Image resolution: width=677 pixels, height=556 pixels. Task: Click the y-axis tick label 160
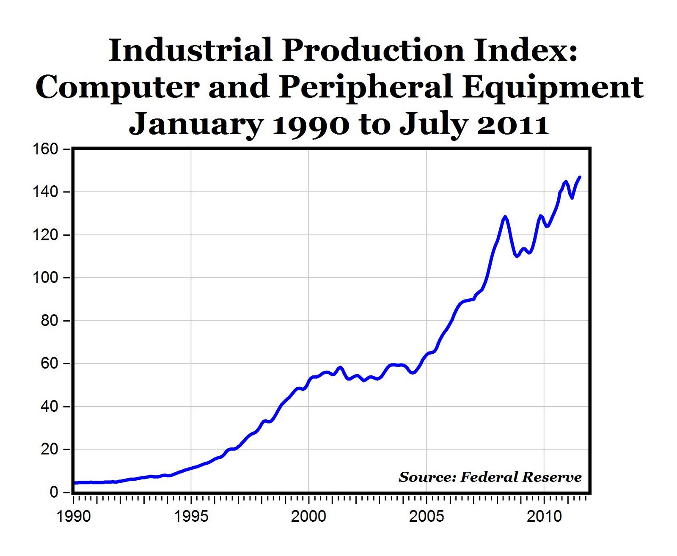45,149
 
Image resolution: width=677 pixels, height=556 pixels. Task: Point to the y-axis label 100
45,278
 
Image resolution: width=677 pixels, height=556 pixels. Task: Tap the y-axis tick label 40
49,406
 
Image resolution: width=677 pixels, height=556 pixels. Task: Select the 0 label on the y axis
54,492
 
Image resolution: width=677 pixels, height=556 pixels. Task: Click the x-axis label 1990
74,517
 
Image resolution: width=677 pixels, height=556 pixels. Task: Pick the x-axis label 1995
191,517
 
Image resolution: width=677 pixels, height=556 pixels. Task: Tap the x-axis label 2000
308,517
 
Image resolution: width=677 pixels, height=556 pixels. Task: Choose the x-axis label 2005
426,517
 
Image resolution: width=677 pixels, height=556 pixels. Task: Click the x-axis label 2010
544,517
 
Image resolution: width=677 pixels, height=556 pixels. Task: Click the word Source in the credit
427,477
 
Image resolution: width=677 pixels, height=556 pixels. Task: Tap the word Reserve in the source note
552,477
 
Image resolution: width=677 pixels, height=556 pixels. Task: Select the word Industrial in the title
190,50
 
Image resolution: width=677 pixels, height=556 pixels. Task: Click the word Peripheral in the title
366,87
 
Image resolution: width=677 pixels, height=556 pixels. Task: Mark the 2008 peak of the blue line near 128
504,217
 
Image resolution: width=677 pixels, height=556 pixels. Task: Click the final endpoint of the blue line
580,177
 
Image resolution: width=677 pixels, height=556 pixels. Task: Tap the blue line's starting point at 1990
75,483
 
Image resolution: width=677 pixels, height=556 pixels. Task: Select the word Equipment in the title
553,87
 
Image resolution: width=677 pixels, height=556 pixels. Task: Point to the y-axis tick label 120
45,235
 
